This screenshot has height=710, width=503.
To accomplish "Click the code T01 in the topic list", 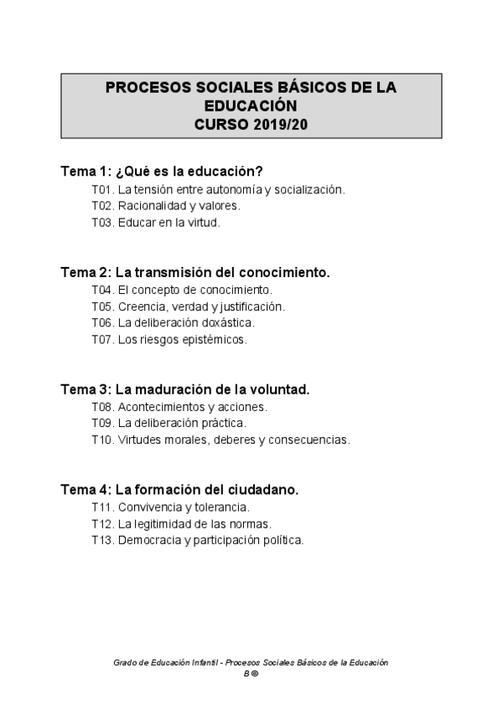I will pos(101,190).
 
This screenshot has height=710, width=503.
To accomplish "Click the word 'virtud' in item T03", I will pos(202,223).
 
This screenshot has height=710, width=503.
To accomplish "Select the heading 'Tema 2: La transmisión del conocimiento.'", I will pos(195,272).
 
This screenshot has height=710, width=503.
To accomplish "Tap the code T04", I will pos(101,290).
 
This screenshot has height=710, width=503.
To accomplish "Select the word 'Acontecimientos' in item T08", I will pos(157,407).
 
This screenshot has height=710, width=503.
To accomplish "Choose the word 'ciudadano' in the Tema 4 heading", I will pos(265,489).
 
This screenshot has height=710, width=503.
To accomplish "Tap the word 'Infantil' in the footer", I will pos(202,662).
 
